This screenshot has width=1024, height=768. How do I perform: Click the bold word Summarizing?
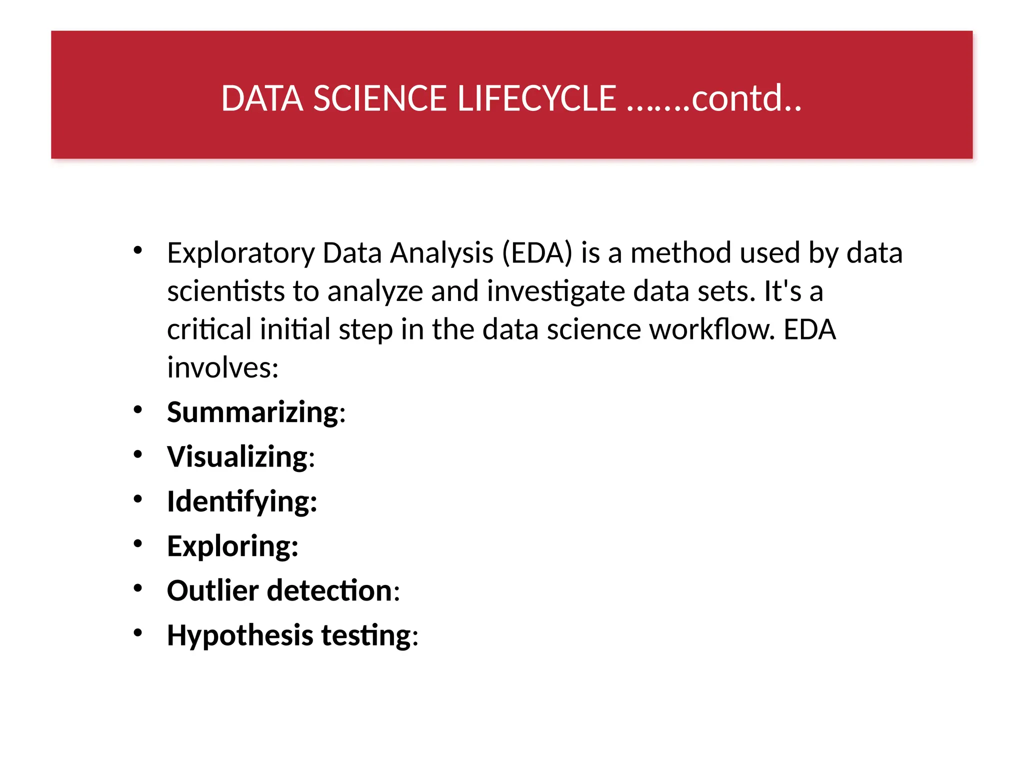click(x=253, y=412)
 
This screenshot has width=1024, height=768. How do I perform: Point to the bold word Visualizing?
click(x=237, y=457)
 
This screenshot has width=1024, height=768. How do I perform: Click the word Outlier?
click(x=212, y=590)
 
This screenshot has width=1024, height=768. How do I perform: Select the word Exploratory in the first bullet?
click(x=240, y=253)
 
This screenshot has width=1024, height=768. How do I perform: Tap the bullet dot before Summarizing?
click(x=138, y=410)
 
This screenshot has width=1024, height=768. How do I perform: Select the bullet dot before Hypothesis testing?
click(x=138, y=633)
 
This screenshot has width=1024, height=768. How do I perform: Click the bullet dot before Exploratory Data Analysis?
click(x=138, y=250)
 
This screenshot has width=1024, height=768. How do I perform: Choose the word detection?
click(x=329, y=590)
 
